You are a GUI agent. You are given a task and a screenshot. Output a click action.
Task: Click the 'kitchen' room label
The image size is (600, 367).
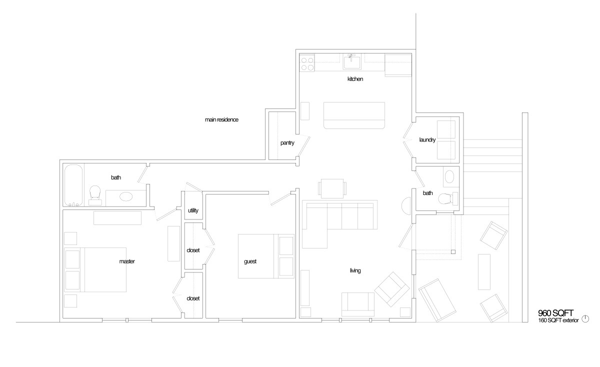[355, 79]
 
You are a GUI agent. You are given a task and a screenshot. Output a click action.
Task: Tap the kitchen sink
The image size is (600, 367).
[352, 61]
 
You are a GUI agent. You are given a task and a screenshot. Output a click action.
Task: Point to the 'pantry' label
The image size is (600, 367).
[287, 143]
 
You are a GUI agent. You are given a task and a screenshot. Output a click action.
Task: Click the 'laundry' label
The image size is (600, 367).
[427, 140]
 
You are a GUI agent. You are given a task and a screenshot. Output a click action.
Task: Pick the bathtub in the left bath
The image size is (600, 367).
[73, 185]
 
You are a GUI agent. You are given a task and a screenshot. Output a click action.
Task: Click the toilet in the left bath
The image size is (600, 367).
[95, 195]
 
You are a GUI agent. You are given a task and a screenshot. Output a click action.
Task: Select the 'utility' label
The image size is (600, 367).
[193, 210]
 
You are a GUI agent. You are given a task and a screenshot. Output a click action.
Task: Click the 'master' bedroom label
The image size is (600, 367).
[127, 261]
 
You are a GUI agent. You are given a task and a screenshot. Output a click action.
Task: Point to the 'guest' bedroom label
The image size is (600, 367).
[250, 261]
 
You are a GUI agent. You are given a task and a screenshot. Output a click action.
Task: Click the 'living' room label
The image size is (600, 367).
[355, 270]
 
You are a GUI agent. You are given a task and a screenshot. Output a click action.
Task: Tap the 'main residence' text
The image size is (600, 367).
[221, 119]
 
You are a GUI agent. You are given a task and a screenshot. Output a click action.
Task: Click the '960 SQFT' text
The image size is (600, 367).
[555, 313]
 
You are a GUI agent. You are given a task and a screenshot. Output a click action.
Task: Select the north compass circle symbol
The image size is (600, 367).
[585, 319]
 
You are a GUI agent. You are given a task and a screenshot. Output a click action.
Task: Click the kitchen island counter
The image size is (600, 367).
[354, 115]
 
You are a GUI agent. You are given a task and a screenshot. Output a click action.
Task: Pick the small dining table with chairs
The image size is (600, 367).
[332, 188]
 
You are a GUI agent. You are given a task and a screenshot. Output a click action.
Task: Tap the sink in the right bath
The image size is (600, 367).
[449, 177]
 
